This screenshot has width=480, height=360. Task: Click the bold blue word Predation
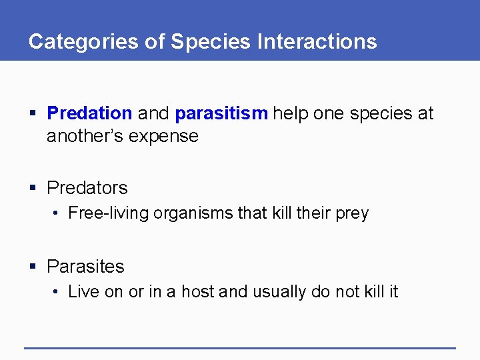point(89,113)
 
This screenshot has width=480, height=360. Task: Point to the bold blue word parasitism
point(221,113)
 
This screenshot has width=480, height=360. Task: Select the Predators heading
point(87,188)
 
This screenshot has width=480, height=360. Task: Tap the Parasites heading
point(85,267)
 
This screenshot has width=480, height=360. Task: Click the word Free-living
point(109,213)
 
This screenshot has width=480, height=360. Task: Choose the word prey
point(351,214)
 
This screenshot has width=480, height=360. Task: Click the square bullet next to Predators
point(33,189)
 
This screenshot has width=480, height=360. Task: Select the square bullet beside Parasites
point(33,267)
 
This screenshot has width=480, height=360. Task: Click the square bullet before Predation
point(33,114)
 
